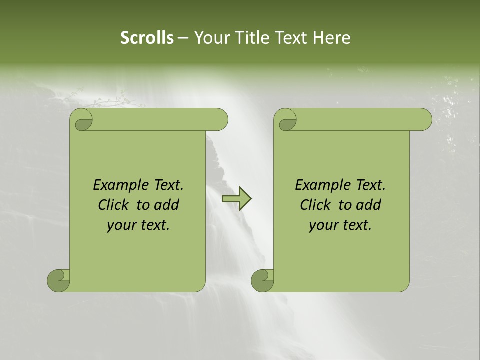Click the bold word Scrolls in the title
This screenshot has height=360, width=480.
point(147,37)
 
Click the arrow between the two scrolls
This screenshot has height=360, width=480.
point(236,199)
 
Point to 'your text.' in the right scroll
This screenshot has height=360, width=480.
point(340,225)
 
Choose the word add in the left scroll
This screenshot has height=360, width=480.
point(167,205)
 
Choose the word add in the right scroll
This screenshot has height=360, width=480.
point(369,205)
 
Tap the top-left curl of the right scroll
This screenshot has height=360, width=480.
point(286,120)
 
